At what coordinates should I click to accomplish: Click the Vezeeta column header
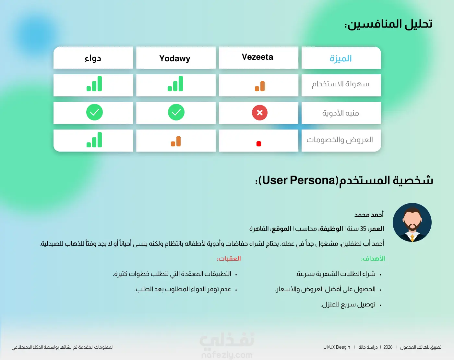257,57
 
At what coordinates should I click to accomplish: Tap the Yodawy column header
175,58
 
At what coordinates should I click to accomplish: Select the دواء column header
93,58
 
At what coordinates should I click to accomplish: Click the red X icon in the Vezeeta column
260,113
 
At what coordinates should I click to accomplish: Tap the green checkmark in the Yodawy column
176,112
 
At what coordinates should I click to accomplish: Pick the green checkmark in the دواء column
94,112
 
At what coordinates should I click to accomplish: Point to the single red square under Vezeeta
259,144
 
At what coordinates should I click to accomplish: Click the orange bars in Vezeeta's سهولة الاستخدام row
260,86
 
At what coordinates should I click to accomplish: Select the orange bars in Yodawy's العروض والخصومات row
176,141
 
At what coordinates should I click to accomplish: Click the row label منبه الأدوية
340,113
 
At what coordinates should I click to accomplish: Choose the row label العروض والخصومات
340,140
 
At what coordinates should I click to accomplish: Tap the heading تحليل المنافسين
388,24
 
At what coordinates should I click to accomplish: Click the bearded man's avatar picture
412,222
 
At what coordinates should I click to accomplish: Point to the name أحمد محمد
369,215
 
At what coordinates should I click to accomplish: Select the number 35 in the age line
363,229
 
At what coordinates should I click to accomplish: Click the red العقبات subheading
229,259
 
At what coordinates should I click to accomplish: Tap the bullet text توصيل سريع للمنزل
348,304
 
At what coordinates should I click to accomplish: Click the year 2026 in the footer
388,347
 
